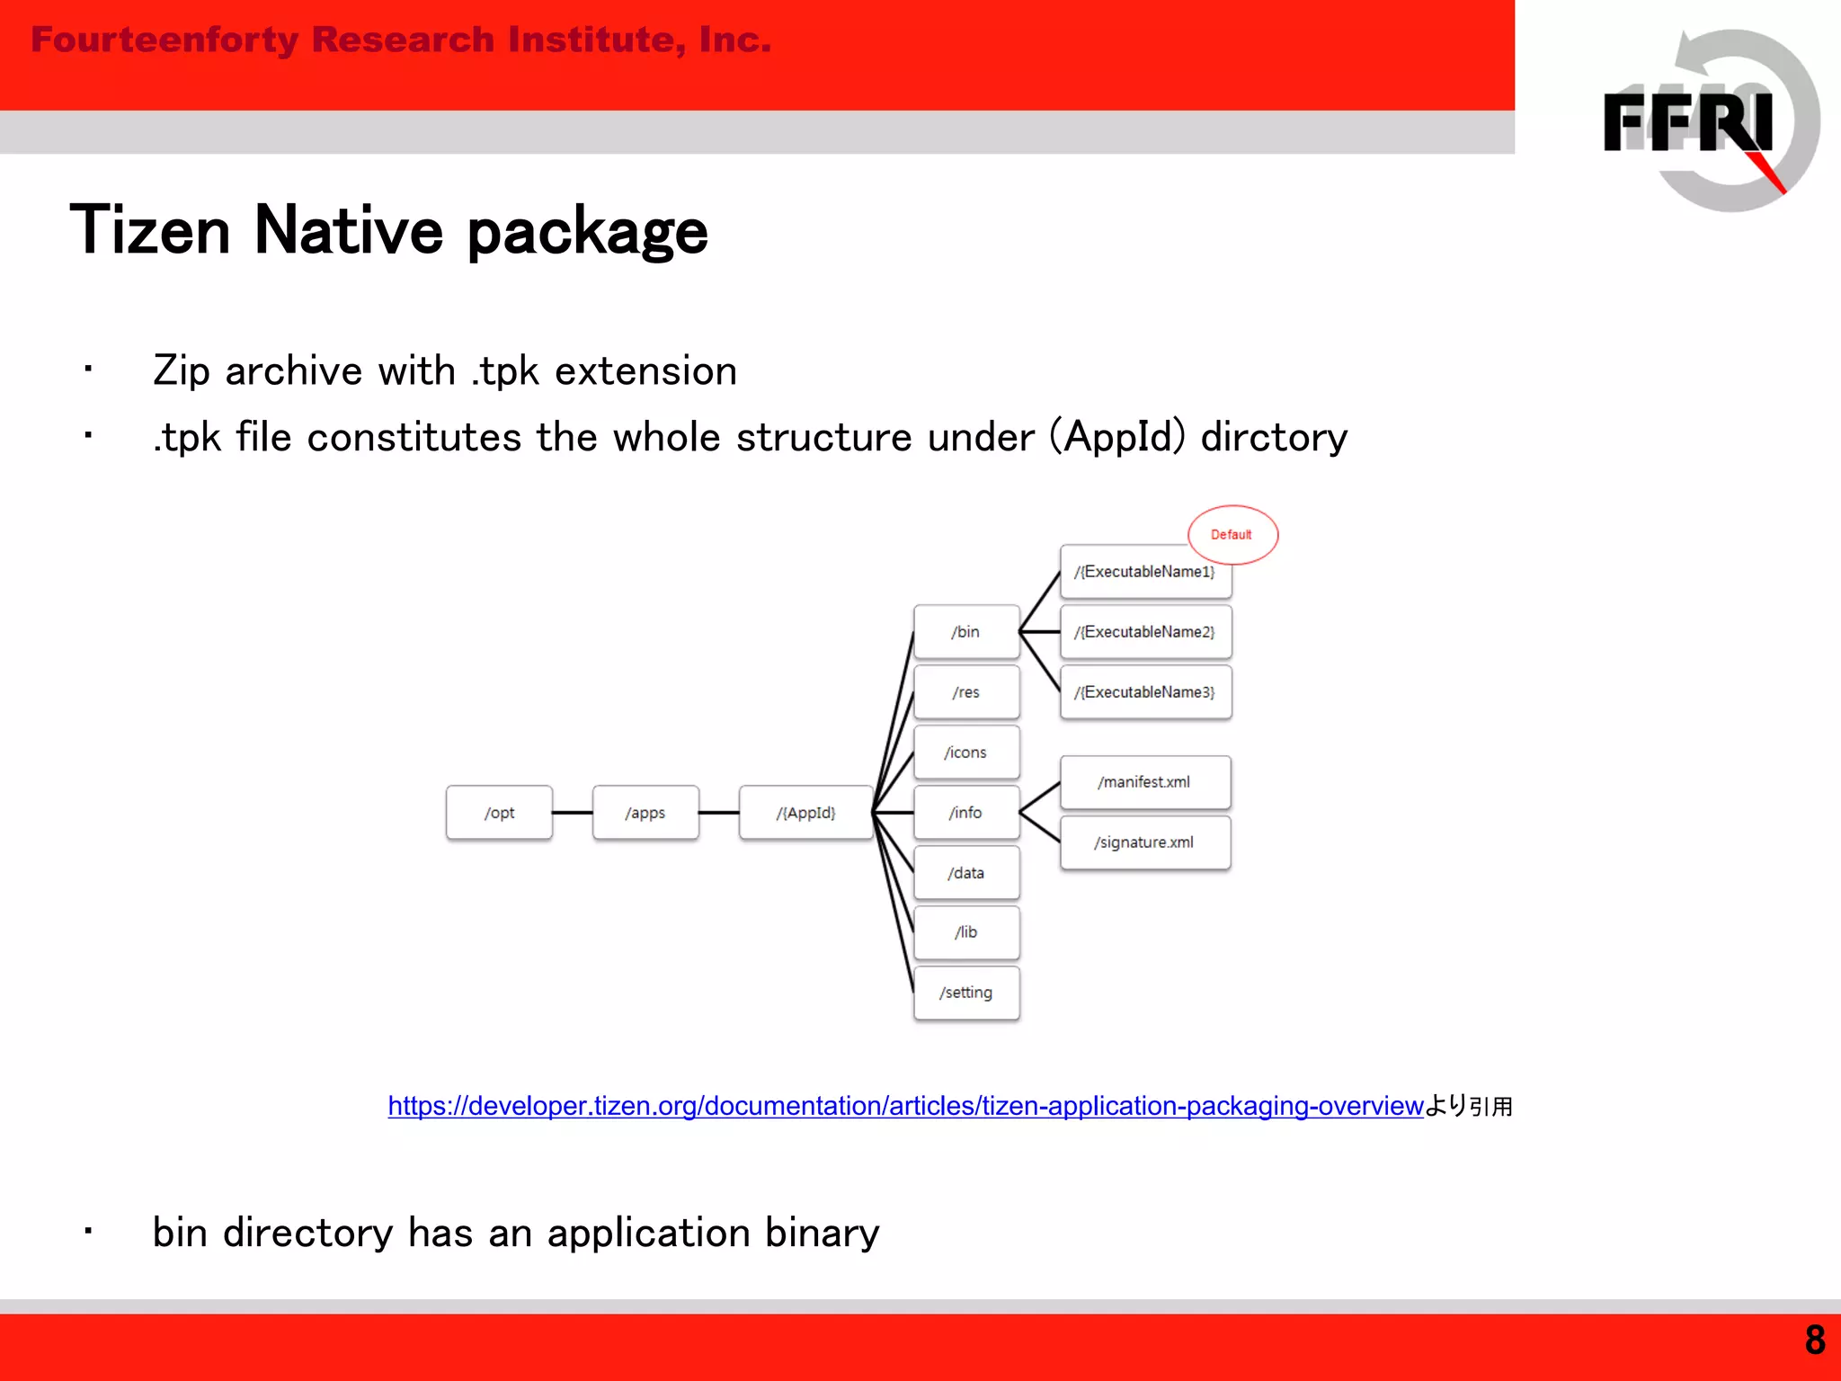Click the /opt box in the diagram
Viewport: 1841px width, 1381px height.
click(499, 813)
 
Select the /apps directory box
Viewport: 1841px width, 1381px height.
click(645, 813)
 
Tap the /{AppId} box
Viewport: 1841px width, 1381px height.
click(805, 813)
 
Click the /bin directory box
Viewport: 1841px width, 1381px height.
click(966, 632)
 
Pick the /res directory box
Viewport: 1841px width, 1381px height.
click(966, 692)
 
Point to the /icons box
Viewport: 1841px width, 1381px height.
click(966, 753)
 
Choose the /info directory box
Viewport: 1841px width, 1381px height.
click(966, 813)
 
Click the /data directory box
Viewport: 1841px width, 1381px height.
click(966, 873)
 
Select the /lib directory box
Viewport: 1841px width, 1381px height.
click(966, 932)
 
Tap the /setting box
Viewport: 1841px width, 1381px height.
click(966, 993)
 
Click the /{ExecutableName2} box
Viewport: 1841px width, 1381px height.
click(1145, 632)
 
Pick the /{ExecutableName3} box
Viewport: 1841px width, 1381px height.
click(1145, 692)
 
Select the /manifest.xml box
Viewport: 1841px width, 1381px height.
click(1145, 782)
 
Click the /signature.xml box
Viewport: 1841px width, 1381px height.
click(1145, 842)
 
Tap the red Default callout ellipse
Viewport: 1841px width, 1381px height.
click(1232, 534)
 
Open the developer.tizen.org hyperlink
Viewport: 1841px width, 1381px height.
click(905, 1106)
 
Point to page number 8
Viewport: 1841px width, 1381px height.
click(1814, 1341)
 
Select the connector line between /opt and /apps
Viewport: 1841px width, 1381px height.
click(573, 813)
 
